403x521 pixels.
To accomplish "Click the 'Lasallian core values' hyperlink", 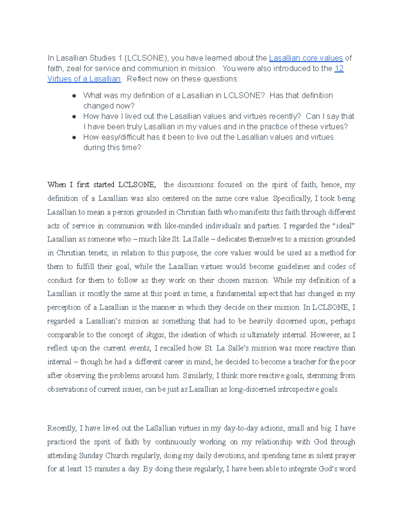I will tap(306, 58).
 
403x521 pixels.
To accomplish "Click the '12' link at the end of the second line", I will tap(339, 68).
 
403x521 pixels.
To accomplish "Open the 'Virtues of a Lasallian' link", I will tap(84, 79).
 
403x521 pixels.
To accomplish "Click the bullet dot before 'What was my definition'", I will tap(74, 96).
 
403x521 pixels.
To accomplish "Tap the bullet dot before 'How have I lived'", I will tap(74, 117).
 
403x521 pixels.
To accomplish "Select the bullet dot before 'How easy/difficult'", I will tap(74, 138).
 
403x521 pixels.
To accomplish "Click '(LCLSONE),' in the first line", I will tap(146, 58).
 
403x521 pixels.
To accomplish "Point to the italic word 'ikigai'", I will tap(155, 335).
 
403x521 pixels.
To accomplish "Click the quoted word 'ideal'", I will tap(343, 226).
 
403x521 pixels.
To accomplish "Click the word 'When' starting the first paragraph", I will tap(57, 185).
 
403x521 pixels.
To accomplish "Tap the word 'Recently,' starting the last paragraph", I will tap(62, 428).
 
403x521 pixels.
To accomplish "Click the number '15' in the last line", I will tap(88, 469).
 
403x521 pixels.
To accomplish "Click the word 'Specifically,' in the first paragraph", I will tap(292, 199).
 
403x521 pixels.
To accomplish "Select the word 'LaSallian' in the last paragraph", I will tap(161, 428).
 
